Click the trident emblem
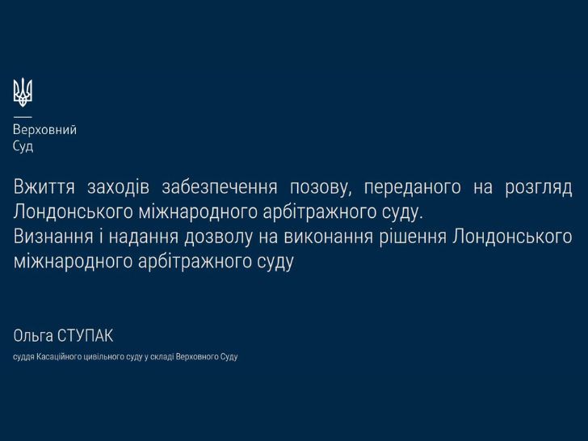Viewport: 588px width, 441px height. coord(23,92)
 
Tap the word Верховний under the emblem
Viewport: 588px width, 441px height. coord(44,130)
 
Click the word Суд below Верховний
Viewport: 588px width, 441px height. coord(23,146)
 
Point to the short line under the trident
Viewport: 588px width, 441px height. coord(23,116)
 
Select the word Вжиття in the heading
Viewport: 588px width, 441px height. coord(44,187)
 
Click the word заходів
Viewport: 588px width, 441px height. coord(119,187)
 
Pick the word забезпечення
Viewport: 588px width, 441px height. coord(220,187)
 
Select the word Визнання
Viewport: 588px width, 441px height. coord(53,237)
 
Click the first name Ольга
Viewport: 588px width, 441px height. coord(33,336)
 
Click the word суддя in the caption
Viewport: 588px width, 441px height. coord(23,357)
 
